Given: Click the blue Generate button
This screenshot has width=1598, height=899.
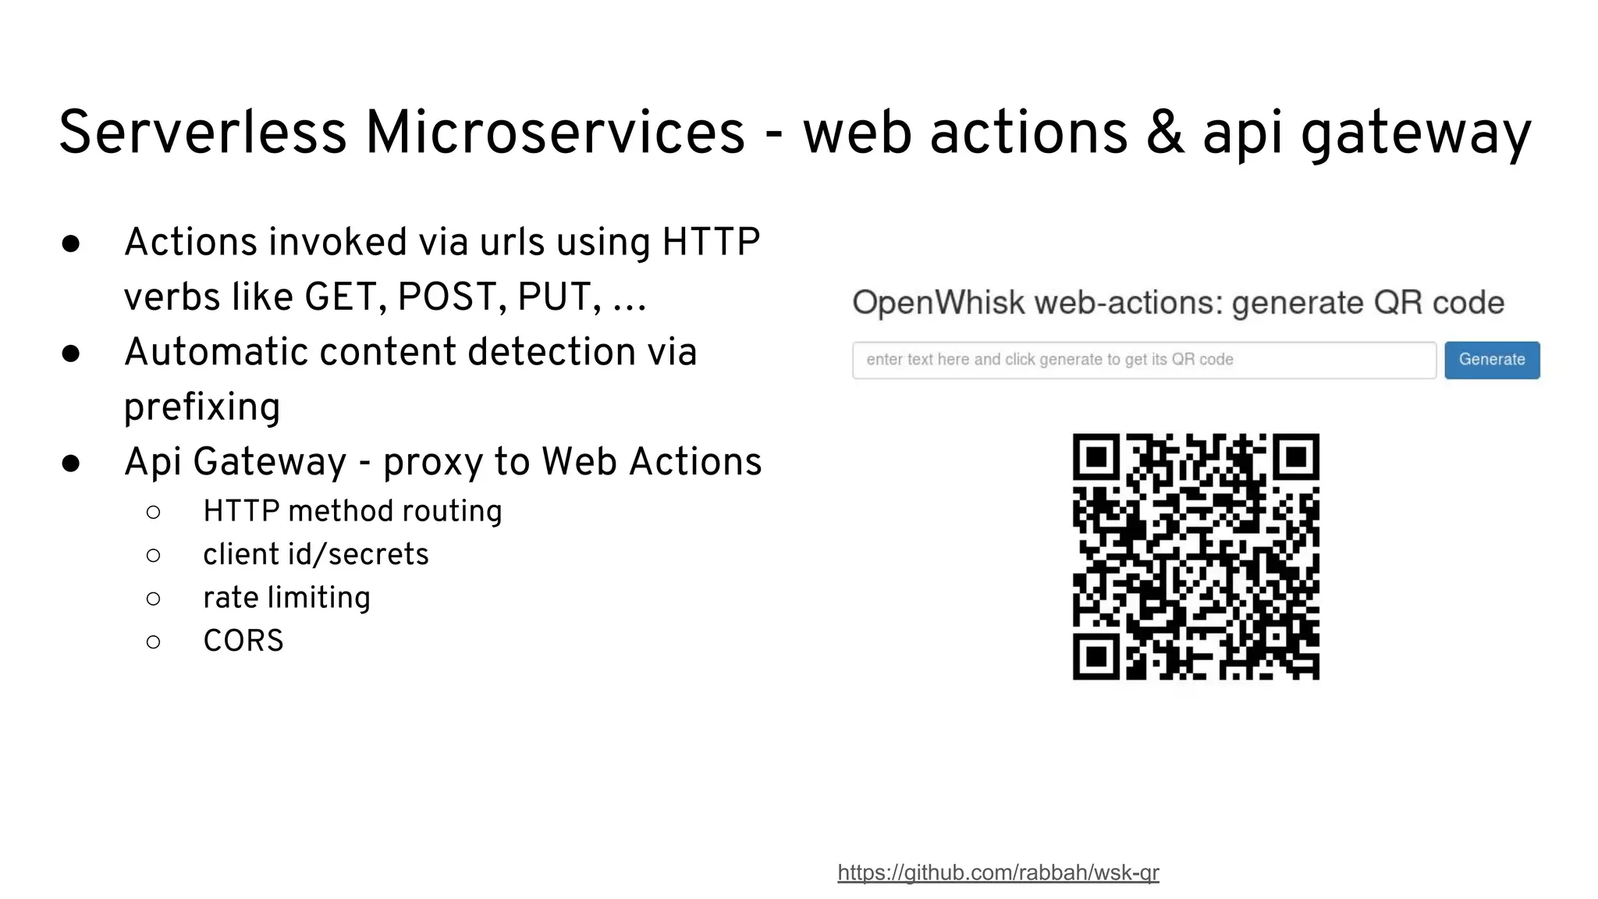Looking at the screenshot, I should pyautogui.click(x=1492, y=360).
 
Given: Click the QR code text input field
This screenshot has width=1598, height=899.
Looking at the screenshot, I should pyautogui.click(x=1144, y=360).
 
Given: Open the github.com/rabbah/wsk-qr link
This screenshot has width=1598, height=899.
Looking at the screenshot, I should pyautogui.click(x=998, y=872).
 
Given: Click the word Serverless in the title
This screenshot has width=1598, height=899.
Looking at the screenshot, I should pyautogui.click(x=202, y=133).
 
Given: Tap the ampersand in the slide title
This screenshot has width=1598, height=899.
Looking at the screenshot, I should pyautogui.click(x=1164, y=133).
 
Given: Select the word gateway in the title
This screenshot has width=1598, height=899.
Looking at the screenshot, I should pyautogui.click(x=1415, y=134).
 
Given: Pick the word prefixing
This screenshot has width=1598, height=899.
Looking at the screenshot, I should pyautogui.click(x=202, y=407).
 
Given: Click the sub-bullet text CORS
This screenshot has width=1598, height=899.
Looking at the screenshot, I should pyautogui.click(x=243, y=641).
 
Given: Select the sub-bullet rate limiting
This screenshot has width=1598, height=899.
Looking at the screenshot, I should pyautogui.click(x=286, y=598).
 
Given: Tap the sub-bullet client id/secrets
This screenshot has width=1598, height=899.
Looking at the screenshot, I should pyautogui.click(x=315, y=555).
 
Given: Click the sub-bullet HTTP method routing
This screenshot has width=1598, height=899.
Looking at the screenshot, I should pyautogui.click(x=352, y=511).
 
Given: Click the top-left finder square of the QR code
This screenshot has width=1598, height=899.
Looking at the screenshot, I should pyautogui.click(x=1097, y=457).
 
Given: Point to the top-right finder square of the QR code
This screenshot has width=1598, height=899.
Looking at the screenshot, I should pyautogui.click(x=1295, y=457).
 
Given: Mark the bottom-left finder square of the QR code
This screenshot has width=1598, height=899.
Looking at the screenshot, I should pyautogui.click(x=1097, y=656).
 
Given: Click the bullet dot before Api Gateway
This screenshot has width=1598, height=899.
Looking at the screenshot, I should pyautogui.click(x=71, y=464).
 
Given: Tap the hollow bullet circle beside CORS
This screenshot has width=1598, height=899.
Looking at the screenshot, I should pyautogui.click(x=154, y=641).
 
